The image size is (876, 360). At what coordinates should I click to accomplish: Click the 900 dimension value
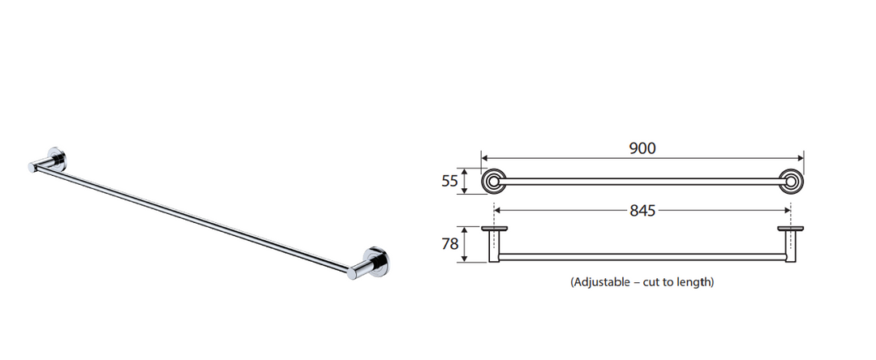tap(642, 148)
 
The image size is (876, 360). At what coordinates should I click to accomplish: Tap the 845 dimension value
tap(642, 211)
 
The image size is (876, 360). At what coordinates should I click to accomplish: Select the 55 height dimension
tap(449, 182)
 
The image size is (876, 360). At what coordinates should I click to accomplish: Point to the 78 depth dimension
tap(449, 244)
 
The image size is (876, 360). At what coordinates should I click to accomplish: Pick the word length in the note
tap(694, 282)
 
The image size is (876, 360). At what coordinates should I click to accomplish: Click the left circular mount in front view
tap(492, 181)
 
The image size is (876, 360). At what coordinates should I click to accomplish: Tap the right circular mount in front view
tap(791, 181)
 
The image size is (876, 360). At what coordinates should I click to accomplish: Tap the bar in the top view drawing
tap(642, 256)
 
